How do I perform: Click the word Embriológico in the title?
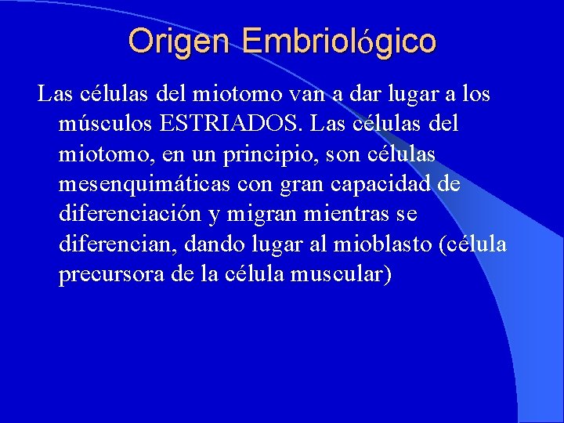point(338,41)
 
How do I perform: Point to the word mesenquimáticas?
point(143,186)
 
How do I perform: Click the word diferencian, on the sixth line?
point(118,246)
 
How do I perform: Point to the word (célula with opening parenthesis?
point(473,246)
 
